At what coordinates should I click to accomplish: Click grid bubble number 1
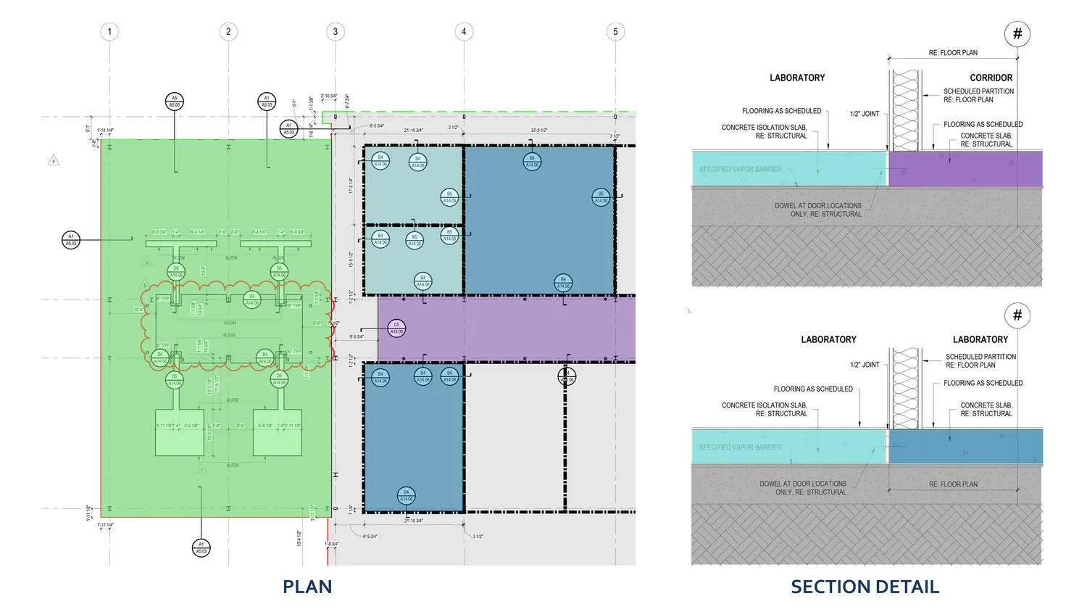point(109,31)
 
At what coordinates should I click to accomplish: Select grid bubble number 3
point(335,31)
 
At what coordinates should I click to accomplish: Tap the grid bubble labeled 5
point(615,31)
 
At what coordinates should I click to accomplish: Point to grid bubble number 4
point(464,31)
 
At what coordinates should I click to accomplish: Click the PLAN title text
point(307,587)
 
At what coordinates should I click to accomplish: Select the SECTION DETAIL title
point(865,587)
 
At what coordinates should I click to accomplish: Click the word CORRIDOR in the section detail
point(991,78)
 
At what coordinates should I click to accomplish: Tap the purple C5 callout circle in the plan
point(396,328)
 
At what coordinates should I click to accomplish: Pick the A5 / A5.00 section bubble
point(174,101)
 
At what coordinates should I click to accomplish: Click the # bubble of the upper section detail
point(1017,33)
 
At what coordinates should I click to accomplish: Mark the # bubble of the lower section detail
point(1017,315)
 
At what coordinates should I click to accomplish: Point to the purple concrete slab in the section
point(965,168)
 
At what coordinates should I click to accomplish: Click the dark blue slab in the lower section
point(965,446)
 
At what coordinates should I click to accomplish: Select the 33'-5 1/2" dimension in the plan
point(539,131)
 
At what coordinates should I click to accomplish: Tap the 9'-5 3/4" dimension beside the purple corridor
point(357,336)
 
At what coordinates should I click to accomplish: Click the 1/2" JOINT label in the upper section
point(865,114)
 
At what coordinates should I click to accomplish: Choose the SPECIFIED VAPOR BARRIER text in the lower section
point(740,447)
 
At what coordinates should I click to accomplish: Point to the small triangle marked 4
point(54,161)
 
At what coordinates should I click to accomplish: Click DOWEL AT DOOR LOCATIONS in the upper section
point(817,206)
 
